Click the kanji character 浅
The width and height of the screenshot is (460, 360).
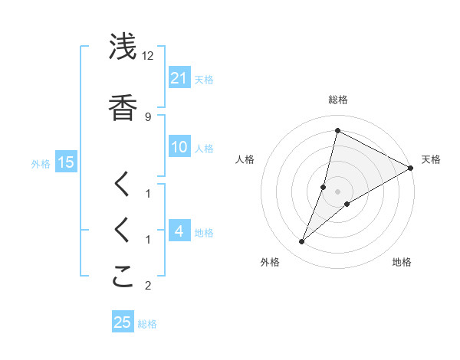click(123, 47)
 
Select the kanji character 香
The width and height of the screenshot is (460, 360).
click(123, 107)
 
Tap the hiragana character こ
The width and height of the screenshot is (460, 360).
click(123, 277)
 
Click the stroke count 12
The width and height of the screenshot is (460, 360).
click(149, 55)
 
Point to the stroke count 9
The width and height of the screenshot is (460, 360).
click(147, 116)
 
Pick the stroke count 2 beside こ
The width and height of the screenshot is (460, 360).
click(147, 286)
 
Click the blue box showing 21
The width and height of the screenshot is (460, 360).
click(179, 77)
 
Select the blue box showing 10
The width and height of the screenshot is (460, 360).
click(179, 147)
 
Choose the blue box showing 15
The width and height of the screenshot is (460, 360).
click(66, 162)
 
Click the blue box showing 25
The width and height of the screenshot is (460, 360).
click(123, 322)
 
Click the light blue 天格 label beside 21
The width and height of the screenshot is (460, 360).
click(204, 79)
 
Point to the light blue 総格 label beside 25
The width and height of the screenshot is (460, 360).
click(147, 324)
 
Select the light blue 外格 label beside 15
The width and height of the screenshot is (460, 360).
click(40, 163)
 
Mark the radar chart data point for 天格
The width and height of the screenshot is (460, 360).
click(411, 169)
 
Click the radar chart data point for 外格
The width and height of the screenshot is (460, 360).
click(301, 242)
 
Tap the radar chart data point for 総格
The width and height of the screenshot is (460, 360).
click(337, 131)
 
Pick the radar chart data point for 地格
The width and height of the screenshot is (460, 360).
click(347, 204)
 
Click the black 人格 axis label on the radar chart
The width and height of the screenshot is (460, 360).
click(245, 159)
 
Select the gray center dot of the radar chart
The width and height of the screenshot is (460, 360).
click(337, 191)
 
